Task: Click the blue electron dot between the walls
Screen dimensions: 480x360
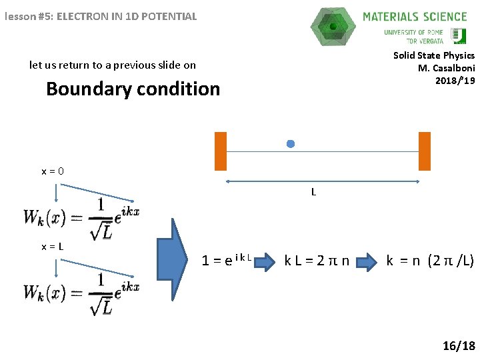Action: (x=290, y=143)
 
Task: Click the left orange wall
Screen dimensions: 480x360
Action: (x=221, y=151)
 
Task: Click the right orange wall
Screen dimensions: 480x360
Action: (x=425, y=151)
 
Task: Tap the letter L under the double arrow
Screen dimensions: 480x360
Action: (x=313, y=192)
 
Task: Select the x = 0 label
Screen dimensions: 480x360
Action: (x=53, y=171)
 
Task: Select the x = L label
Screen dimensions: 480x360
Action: (x=53, y=246)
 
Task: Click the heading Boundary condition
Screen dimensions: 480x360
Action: (x=133, y=89)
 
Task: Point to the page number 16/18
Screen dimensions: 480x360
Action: (x=459, y=346)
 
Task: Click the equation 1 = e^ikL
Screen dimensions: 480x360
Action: (x=227, y=260)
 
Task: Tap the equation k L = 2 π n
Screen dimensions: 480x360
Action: (x=317, y=260)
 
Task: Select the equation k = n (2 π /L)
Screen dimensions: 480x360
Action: (x=430, y=260)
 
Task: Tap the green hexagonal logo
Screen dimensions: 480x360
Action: (x=333, y=27)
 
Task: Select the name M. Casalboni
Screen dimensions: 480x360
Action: (x=446, y=68)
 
